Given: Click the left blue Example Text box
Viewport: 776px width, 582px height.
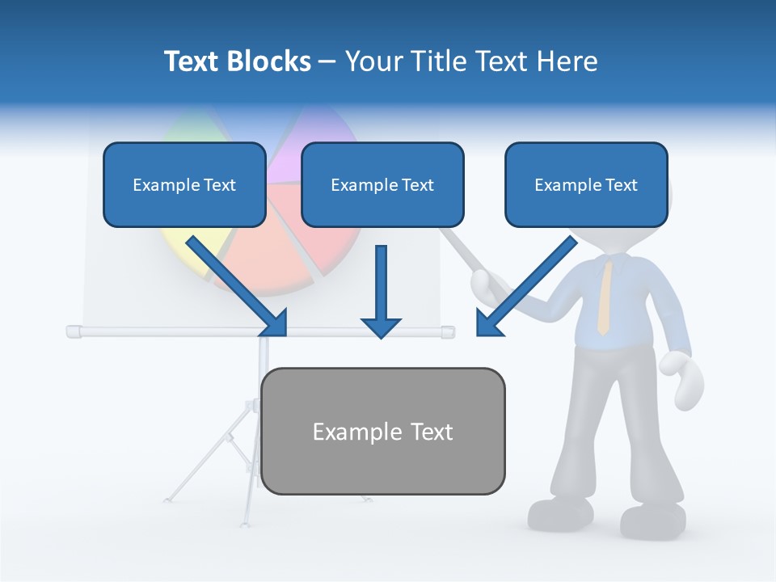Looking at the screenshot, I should (184, 184).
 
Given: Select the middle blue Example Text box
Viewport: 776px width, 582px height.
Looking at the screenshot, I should (382, 184).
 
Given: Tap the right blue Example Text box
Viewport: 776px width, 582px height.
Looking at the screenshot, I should (586, 184).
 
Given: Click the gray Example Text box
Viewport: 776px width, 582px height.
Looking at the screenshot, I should (382, 431).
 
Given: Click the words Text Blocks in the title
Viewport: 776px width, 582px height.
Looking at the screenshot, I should (237, 61).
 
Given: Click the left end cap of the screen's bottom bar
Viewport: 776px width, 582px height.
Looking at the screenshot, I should (74, 331).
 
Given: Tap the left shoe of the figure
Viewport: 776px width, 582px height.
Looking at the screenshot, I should (560, 513).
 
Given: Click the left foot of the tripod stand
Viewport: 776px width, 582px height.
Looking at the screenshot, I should (169, 499).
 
